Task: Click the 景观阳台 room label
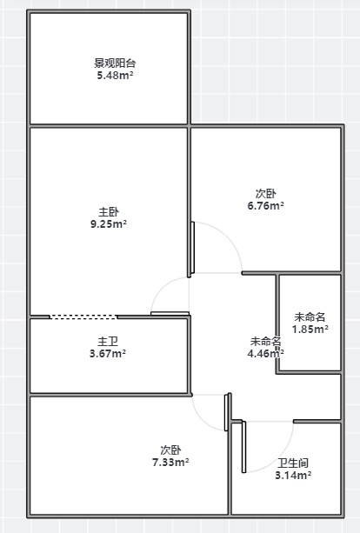click(115, 63)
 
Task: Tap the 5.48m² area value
click(115, 75)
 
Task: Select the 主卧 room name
click(109, 212)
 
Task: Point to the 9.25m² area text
click(109, 224)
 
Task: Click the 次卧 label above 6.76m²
click(266, 194)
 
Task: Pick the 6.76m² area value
click(266, 206)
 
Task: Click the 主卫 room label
click(108, 342)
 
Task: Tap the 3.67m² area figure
click(108, 354)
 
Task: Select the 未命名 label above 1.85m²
click(310, 316)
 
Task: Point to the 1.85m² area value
click(310, 329)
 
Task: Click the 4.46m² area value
click(266, 354)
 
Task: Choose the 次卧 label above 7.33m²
click(170, 450)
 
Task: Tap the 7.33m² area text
click(170, 463)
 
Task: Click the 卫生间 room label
click(293, 463)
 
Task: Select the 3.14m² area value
click(293, 476)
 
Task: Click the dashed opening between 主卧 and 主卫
click(83, 316)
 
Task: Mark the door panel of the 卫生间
click(243, 447)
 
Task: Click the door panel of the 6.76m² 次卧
click(193, 248)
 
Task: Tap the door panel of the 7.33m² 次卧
click(226, 413)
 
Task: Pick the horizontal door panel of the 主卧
click(170, 313)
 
